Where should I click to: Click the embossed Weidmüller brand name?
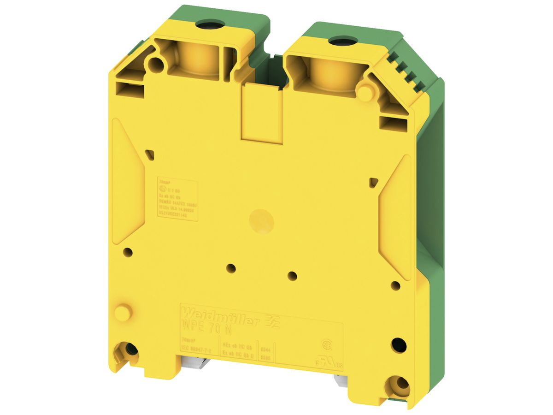click(220, 314)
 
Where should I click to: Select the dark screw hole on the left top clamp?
click(202, 24)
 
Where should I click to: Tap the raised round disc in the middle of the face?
click(261, 221)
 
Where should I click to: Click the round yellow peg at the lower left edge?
click(123, 313)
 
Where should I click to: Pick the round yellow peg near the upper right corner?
click(365, 91)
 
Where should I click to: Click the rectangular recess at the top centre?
click(262, 111)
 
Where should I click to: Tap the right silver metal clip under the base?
click(341, 379)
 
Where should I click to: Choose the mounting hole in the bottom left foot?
click(131, 350)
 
